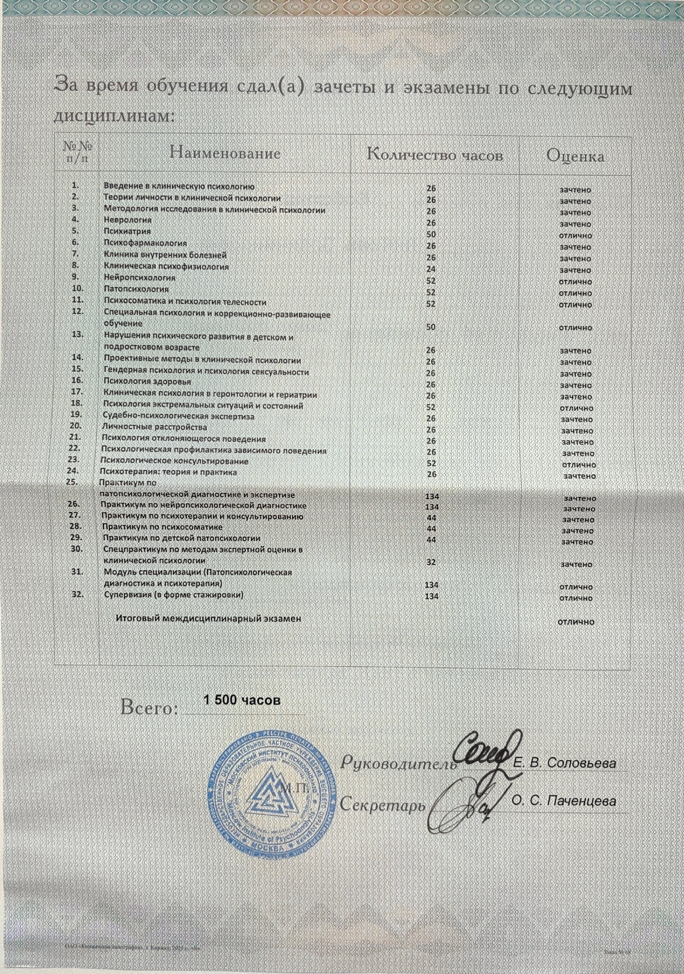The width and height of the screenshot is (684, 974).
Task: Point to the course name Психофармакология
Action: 145,243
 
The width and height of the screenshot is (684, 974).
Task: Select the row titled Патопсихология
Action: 136,290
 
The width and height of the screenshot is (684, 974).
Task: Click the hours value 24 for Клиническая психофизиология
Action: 431,269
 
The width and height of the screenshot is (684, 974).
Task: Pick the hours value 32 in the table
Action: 431,563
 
